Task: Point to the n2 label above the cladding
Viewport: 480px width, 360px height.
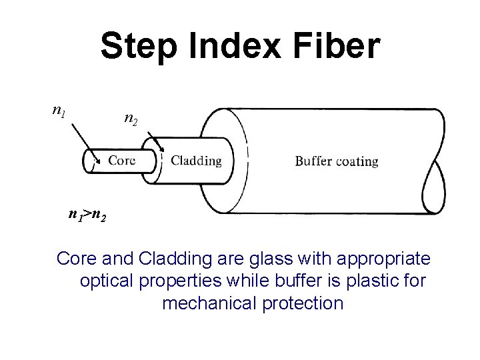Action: [x=131, y=120]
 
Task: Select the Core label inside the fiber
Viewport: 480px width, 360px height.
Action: [x=122, y=160]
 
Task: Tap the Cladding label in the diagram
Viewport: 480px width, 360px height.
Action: [x=196, y=160]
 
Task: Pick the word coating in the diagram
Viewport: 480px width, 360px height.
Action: [x=357, y=161]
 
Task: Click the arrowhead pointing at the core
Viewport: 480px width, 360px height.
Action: [x=98, y=160]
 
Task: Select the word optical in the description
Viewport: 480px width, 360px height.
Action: [x=107, y=281]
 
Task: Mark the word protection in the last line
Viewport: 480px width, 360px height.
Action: [x=304, y=304]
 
